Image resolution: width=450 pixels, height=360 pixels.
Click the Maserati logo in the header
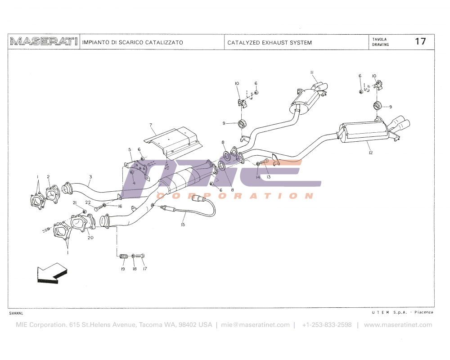[x=44, y=42]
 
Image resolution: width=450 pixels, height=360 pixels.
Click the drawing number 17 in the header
[x=420, y=41]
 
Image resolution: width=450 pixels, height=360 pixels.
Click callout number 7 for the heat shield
[x=151, y=125]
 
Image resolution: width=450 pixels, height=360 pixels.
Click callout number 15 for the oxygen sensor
[x=183, y=224]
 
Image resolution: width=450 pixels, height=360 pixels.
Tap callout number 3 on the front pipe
[x=90, y=177]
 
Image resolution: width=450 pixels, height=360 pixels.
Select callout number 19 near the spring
[x=122, y=269]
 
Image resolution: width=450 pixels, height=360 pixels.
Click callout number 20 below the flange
[x=90, y=238]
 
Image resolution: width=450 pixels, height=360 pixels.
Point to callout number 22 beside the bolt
[x=88, y=203]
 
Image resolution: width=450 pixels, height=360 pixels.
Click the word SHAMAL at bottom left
[x=16, y=313]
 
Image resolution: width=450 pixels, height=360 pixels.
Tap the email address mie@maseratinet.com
[x=255, y=325]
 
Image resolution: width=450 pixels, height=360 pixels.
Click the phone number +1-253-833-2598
[x=327, y=325]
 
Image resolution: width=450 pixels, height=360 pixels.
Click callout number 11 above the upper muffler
[x=311, y=72]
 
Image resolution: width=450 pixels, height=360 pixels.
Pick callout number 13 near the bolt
[x=268, y=177]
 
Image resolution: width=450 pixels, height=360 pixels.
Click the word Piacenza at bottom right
[x=424, y=312]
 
